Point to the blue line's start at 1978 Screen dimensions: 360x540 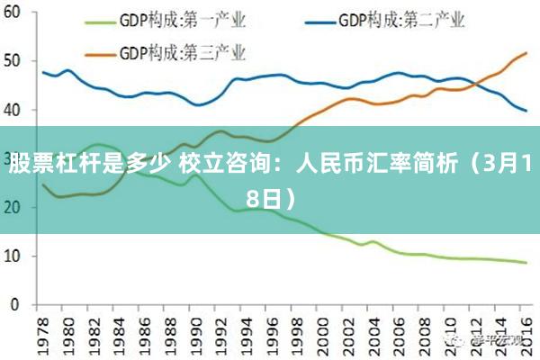click(x=43, y=72)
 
